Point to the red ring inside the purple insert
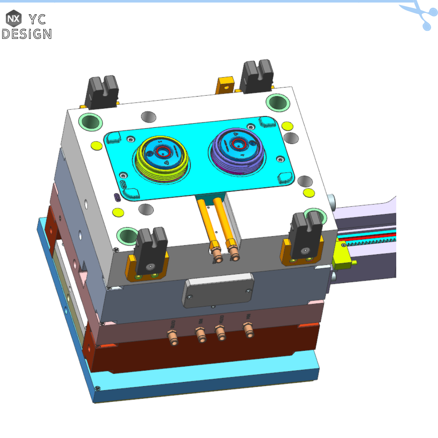236,142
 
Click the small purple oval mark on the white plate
117,198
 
